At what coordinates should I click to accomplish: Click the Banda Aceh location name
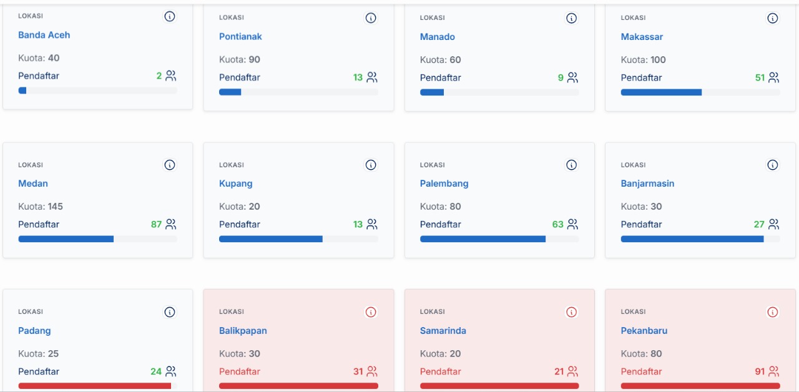(x=44, y=35)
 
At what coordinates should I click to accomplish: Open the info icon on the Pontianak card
(x=371, y=18)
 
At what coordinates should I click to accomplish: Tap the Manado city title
(x=437, y=37)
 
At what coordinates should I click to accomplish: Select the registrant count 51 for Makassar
(x=760, y=77)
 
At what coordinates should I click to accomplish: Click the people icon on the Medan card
(x=171, y=224)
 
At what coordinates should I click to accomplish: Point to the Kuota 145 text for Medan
(x=41, y=207)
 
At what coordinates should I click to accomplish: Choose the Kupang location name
(x=235, y=184)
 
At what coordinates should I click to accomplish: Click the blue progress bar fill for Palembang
(x=483, y=239)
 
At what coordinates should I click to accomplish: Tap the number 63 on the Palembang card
(x=557, y=224)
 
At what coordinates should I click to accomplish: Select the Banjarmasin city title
(x=647, y=184)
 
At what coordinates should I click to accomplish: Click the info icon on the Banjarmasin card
(x=773, y=165)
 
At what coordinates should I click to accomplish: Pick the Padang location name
(x=34, y=331)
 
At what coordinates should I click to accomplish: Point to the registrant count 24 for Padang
(x=156, y=371)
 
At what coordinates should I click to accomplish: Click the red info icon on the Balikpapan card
(x=371, y=312)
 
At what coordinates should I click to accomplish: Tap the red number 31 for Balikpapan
(x=358, y=371)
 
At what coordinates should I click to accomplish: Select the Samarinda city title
(x=443, y=331)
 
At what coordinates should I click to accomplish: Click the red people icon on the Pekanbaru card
(x=774, y=371)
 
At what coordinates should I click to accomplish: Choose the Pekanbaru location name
(x=644, y=331)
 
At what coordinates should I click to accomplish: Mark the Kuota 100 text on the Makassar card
(x=643, y=60)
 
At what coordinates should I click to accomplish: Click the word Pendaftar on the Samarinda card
(x=440, y=371)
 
